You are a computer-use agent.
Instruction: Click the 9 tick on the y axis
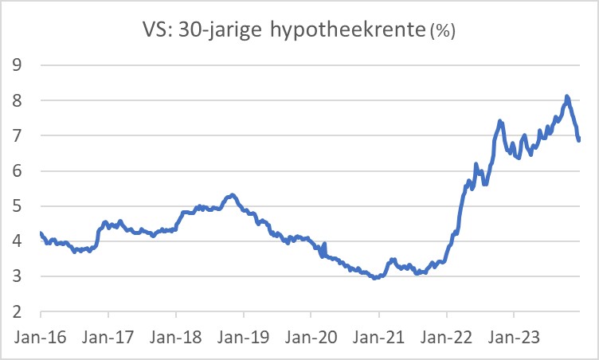click(x=17, y=66)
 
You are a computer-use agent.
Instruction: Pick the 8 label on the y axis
click(x=17, y=101)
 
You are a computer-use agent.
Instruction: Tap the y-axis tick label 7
click(x=17, y=136)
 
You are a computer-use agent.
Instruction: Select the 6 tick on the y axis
click(x=17, y=171)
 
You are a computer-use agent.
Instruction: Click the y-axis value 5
click(x=17, y=206)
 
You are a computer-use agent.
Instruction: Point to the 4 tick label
click(x=17, y=241)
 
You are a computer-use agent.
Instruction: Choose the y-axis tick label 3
click(x=17, y=276)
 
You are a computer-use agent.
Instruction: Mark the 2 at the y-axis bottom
click(x=17, y=311)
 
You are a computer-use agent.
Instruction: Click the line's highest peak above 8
click(x=566, y=97)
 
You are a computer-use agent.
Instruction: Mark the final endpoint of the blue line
click(x=579, y=140)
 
